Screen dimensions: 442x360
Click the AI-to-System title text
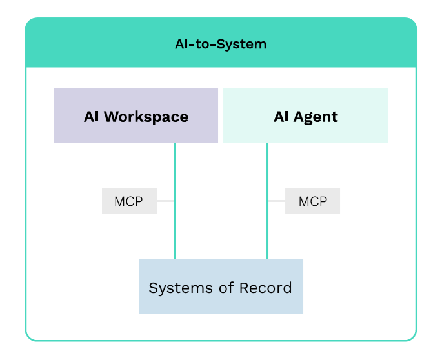221,45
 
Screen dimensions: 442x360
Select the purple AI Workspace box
136,116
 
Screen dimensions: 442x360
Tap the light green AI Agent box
305,116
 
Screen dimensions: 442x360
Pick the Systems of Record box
221,286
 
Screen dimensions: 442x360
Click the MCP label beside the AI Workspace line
129,201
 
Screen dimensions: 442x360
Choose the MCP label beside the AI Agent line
312,201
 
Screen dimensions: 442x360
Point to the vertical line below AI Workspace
174,201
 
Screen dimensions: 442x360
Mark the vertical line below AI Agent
268,201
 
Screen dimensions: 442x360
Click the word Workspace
146,117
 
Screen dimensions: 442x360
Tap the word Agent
316,117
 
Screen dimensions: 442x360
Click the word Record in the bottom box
266,288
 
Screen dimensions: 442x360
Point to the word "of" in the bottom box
226,288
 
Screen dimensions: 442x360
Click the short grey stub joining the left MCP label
165,201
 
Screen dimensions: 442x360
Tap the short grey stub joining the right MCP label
277,201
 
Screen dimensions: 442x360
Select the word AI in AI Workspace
92,117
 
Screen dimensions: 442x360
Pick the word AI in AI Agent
281,117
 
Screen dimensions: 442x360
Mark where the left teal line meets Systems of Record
174,259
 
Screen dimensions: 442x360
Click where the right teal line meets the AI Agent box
268,143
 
